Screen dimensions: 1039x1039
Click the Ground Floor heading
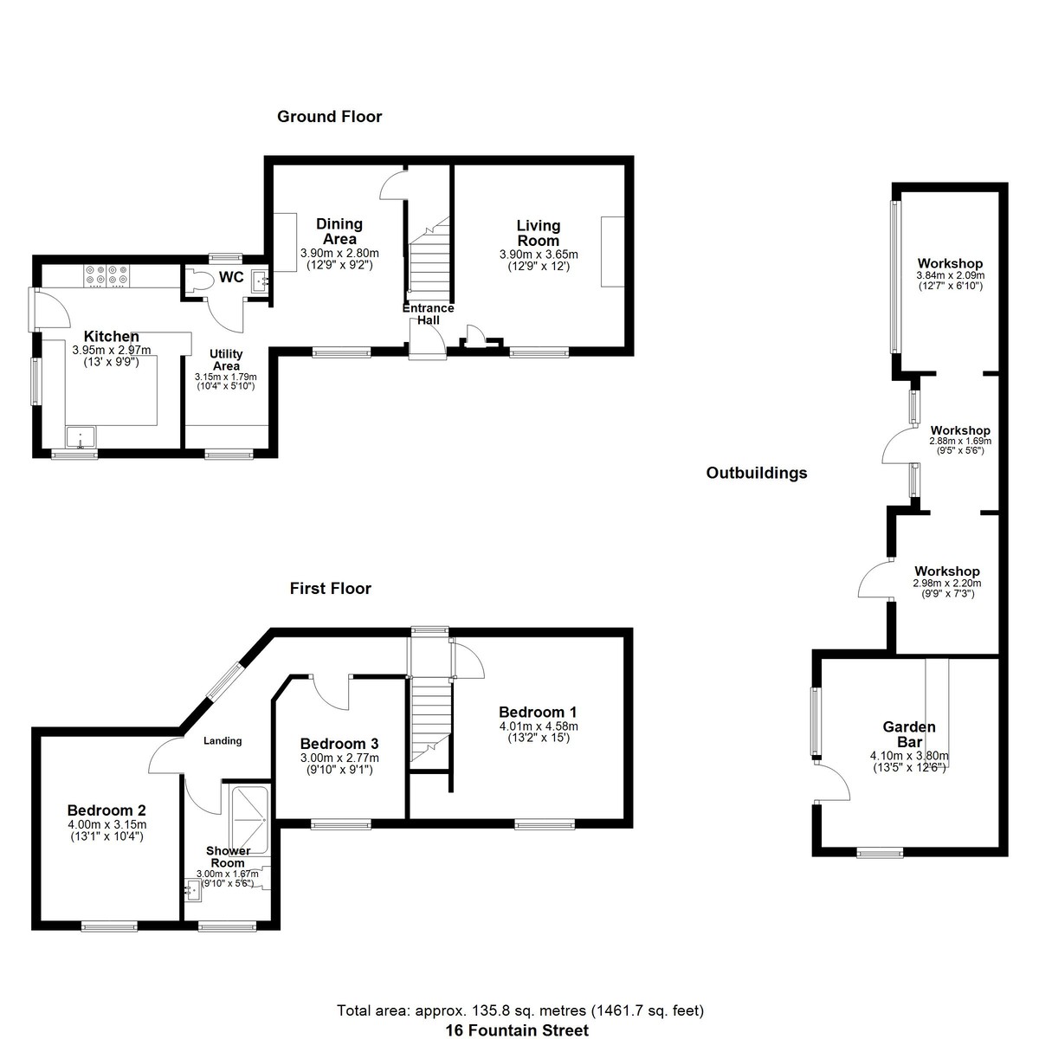329,117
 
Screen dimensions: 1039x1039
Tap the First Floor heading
330,588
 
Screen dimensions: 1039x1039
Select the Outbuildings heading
757,473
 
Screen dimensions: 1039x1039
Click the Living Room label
538,233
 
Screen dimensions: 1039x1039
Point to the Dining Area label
339,231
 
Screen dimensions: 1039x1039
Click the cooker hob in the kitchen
106,275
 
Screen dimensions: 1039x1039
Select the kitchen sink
81,437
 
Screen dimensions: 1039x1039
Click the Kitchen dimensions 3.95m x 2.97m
112,350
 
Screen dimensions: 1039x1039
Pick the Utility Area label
226,359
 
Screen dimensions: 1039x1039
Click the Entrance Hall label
428,313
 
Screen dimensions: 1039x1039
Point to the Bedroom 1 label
538,713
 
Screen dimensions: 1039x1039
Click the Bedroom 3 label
339,744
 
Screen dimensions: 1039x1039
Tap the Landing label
223,741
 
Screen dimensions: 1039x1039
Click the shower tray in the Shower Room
249,820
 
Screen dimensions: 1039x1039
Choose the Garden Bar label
909,734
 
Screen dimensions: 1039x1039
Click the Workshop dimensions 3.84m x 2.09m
950,275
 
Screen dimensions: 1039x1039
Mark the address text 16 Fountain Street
517,1030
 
